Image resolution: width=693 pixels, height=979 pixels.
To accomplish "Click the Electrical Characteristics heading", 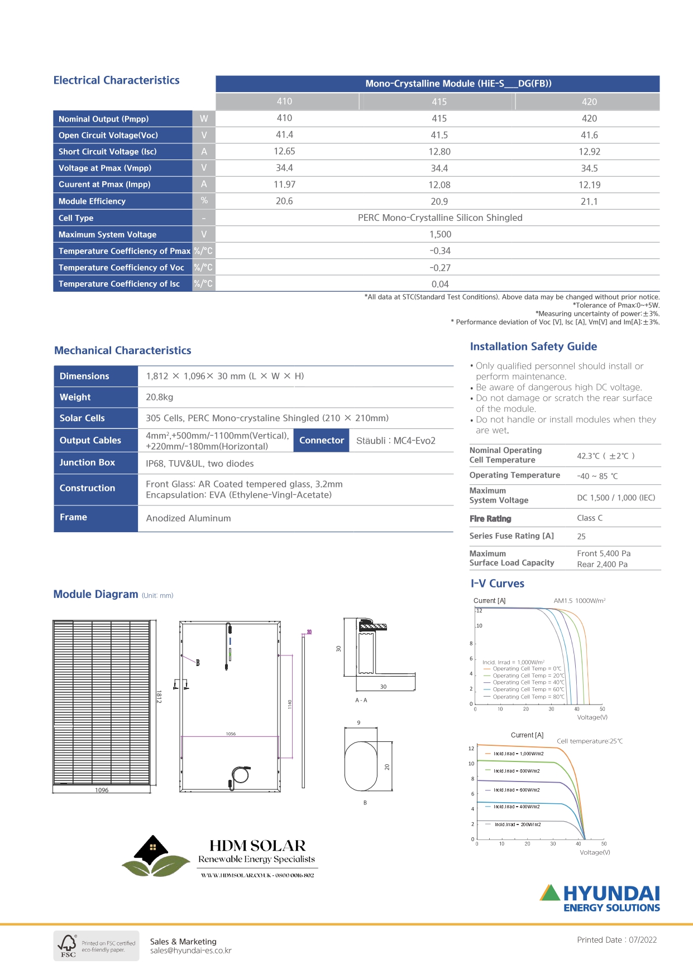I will pos(116,80).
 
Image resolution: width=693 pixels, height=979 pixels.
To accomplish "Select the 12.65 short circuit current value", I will pos(284,151).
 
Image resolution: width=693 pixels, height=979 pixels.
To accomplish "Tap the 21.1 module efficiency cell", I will pos(589,201).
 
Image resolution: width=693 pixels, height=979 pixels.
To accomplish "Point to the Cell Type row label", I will pos(76,218).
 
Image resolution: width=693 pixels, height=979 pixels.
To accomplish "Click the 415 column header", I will pos(439,102).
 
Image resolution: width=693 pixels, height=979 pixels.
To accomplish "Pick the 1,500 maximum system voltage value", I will pos(440,234).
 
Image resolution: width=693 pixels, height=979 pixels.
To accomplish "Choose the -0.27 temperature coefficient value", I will pos(440,268).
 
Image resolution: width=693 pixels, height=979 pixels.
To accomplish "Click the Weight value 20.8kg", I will pos(160,397).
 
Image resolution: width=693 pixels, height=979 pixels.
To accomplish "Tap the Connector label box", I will pos(321,440).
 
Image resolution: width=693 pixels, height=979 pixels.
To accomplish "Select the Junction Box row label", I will pos(87,462).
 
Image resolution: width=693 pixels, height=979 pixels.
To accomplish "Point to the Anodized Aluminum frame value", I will pos(188,518).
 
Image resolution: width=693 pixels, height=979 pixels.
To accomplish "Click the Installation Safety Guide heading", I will pos(533,346).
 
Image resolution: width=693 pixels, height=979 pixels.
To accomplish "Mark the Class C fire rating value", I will pos(590,518).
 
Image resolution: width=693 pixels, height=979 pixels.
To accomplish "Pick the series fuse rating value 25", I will pos(581,536).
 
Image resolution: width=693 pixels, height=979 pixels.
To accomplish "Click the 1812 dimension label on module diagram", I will pos(159,696).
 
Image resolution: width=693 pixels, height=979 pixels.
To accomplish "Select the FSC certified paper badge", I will pos(96,946).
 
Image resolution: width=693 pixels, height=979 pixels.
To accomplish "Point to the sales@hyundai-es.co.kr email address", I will pos(191,951).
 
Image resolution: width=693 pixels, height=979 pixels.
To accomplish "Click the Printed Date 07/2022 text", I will pos(616,940).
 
